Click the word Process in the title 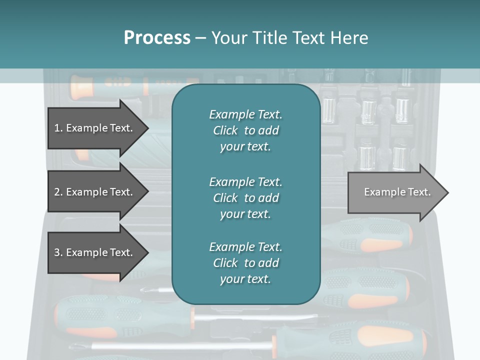coord(157,38)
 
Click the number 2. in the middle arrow coord(58,192)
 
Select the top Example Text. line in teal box coord(245,114)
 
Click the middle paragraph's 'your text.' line coord(245,214)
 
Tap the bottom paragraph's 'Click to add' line coord(245,263)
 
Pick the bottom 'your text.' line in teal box coord(245,279)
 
